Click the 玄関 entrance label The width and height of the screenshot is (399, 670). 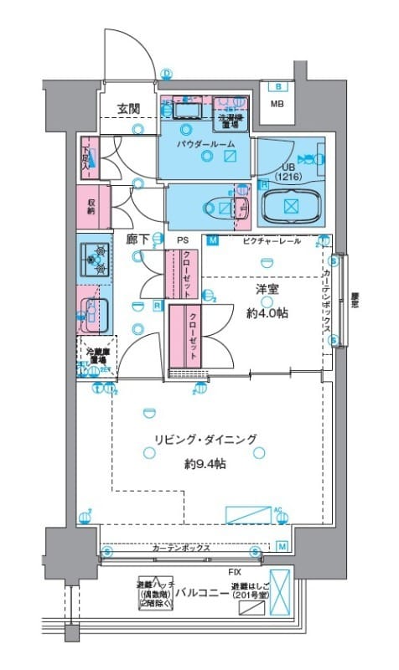pyautogui.click(x=128, y=108)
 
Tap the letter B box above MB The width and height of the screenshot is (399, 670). pyautogui.click(x=277, y=87)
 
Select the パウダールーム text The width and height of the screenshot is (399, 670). pyautogui.click(x=205, y=144)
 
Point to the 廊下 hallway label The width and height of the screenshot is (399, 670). pyautogui.click(x=137, y=240)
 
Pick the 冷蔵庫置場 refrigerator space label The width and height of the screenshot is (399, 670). pyautogui.click(x=98, y=356)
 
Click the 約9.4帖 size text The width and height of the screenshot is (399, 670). pyautogui.click(x=205, y=464)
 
